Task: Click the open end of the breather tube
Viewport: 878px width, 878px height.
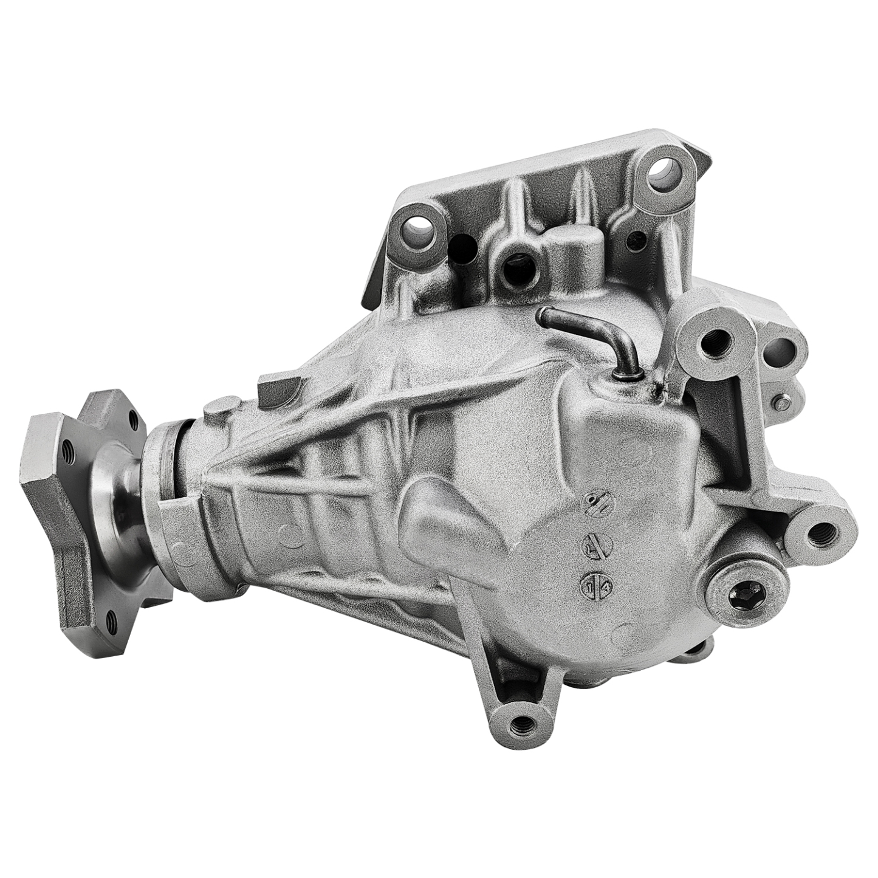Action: coord(544,315)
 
